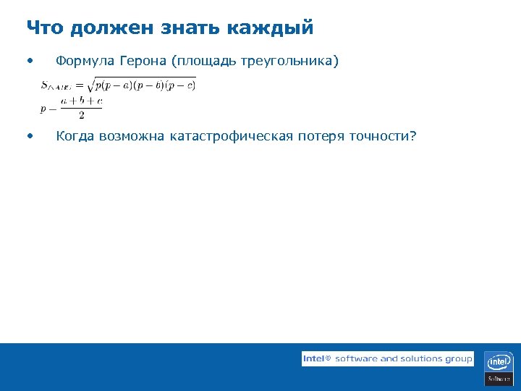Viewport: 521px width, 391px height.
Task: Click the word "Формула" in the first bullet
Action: coord(84,62)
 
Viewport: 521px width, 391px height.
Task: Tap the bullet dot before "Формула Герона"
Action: coord(29,61)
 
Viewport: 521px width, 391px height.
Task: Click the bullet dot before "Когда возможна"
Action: coord(29,135)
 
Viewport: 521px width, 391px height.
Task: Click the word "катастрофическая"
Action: coord(232,136)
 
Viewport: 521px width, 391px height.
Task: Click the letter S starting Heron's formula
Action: coord(45,85)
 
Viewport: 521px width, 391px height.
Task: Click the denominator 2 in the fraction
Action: coord(81,115)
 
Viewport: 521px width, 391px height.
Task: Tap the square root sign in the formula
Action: coord(90,85)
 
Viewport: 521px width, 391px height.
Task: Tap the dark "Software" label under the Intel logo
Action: coord(499,379)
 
